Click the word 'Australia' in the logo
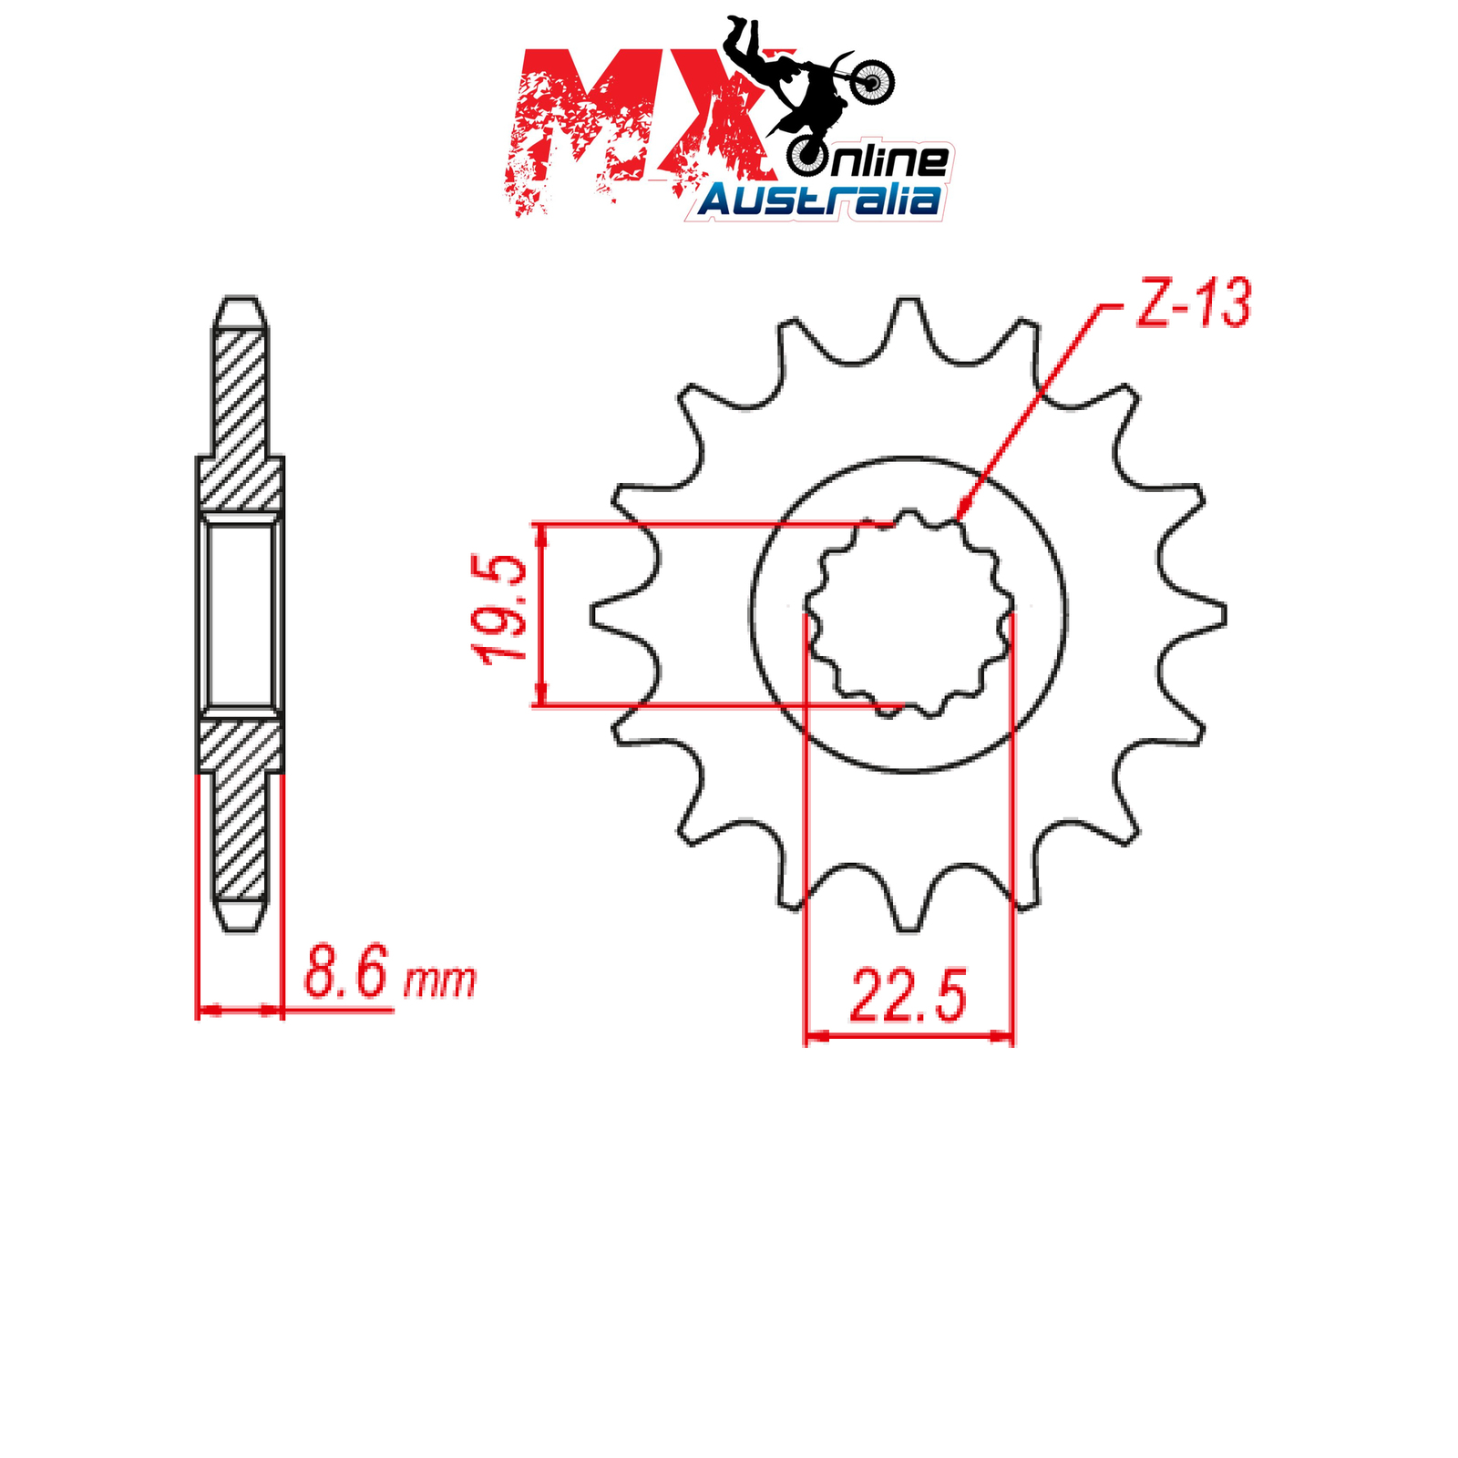click(x=819, y=200)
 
